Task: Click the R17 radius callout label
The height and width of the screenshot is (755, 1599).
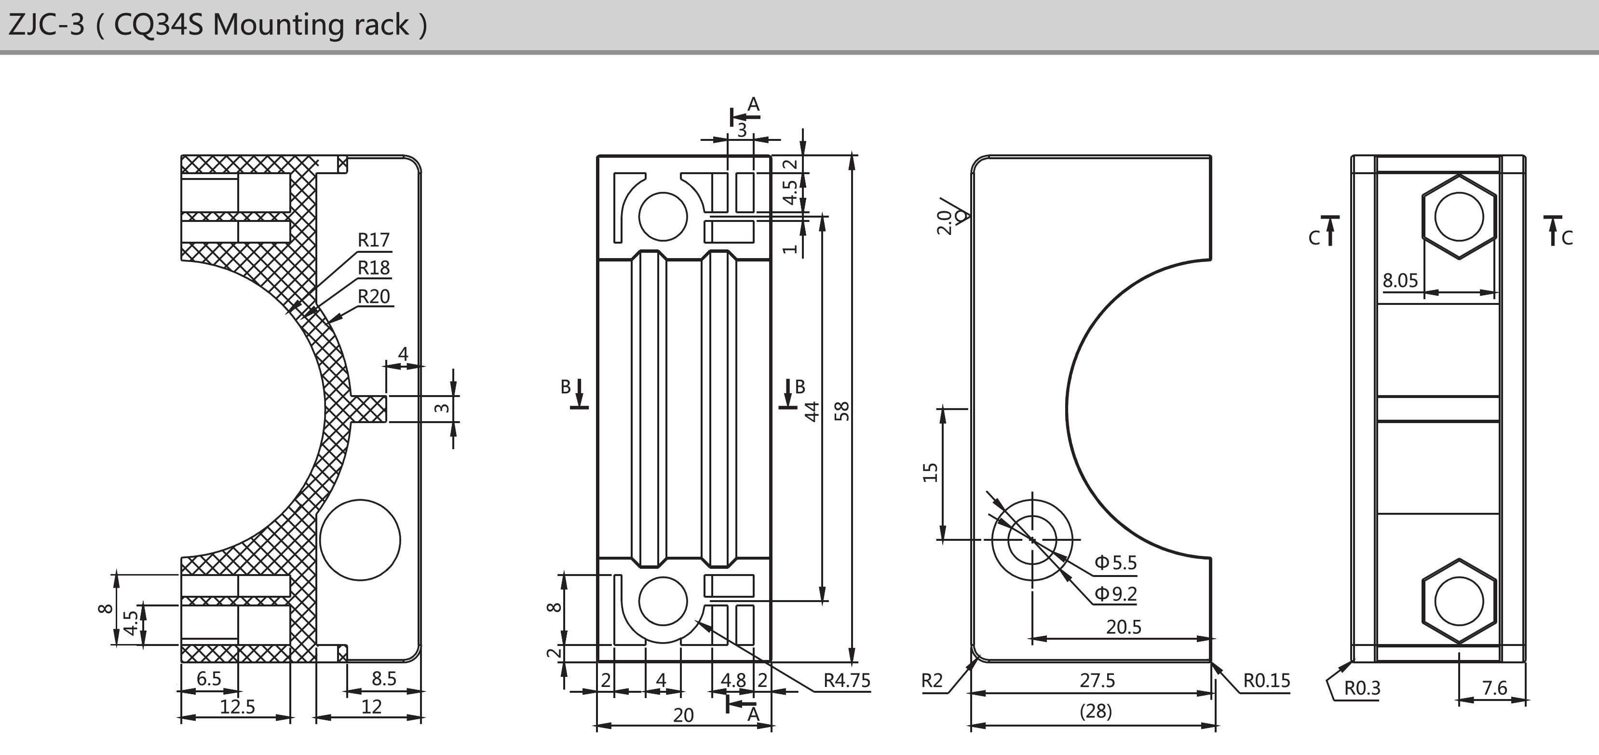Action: click(x=374, y=240)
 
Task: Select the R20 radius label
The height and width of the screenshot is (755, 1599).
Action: click(x=374, y=296)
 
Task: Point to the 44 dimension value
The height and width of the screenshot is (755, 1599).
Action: click(x=812, y=411)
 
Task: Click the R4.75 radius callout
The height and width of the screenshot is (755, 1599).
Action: click(x=847, y=681)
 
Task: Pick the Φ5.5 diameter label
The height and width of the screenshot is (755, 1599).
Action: click(x=1115, y=563)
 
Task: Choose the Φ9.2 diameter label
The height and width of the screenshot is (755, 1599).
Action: click(x=1115, y=593)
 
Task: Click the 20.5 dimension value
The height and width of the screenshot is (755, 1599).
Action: click(x=1124, y=627)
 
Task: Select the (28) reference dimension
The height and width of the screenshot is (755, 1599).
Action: click(x=1096, y=712)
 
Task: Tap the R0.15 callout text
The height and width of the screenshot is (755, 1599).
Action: click(x=1266, y=681)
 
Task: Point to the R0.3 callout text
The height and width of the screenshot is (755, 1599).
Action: click(x=1362, y=688)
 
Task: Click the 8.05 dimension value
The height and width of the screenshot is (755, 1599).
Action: click(x=1400, y=281)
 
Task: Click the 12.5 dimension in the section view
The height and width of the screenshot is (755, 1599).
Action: click(x=238, y=707)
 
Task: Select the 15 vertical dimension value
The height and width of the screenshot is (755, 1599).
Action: click(x=930, y=472)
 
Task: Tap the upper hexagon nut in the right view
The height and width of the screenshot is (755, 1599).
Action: click(x=1459, y=217)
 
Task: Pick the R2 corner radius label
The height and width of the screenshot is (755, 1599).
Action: click(x=932, y=681)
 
